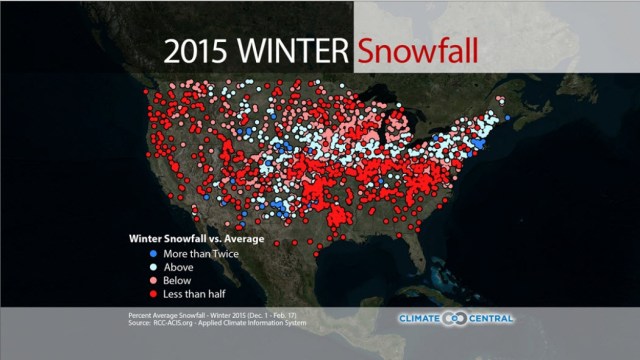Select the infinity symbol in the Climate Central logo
tap(448, 319)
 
